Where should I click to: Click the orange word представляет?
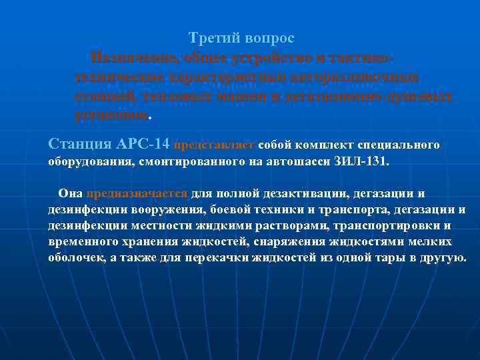pos(214,144)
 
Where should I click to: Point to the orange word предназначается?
pos(137,193)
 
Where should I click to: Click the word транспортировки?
pos(385,225)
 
